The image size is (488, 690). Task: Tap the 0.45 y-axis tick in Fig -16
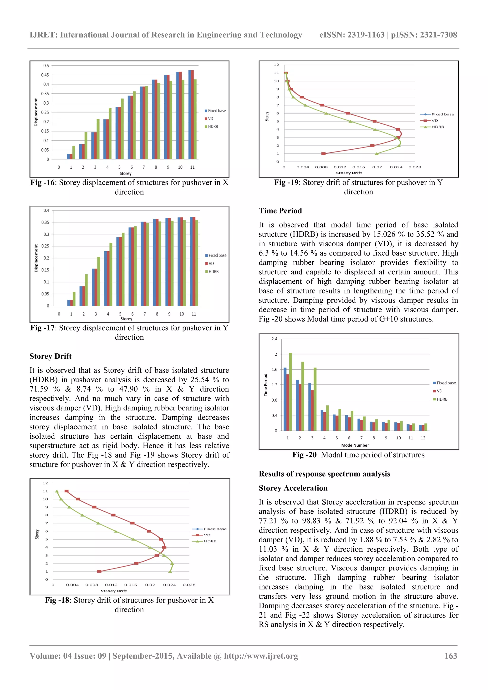click(45, 75)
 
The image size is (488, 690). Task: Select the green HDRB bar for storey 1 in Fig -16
click(74, 152)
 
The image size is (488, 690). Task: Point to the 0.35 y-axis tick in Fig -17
click(45, 222)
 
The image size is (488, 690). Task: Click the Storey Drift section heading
click(51, 356)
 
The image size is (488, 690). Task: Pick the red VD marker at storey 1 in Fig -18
click(99, 571)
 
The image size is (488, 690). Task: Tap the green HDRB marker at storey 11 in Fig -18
click(57, 491)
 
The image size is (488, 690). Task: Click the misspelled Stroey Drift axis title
click(114, 591)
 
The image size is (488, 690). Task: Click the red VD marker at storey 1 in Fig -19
click(323, 154)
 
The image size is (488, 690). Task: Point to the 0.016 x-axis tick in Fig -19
click(358, 167)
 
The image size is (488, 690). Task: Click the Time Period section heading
click(280, 211)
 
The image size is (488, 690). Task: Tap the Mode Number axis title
click(355, 445)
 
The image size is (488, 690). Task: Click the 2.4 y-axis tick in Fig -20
click(274, 339)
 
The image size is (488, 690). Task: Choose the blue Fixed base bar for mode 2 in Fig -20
click(297, 405)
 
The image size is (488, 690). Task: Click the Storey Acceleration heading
click(293, 488)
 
